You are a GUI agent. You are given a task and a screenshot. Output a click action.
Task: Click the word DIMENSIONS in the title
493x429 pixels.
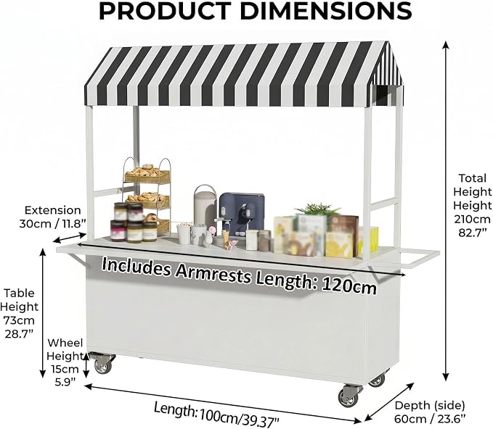point(326,12)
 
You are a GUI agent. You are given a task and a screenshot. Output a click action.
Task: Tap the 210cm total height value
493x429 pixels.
point(472,219)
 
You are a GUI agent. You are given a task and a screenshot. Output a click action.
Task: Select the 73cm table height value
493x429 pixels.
point(19,320)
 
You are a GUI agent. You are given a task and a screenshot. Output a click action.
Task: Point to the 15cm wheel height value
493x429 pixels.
point(65,369)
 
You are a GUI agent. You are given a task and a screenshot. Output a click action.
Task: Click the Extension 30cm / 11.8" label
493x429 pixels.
point(52,217)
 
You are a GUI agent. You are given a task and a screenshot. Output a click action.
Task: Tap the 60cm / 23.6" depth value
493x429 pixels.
point(430,419)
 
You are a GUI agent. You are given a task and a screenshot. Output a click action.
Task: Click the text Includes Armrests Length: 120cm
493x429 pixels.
point(239,275)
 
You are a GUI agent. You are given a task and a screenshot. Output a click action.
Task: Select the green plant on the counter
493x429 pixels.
point(317,209)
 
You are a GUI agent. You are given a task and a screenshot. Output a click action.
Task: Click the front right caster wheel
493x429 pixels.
point(350,396)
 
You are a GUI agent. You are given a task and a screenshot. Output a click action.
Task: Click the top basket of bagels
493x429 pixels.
point(147,174)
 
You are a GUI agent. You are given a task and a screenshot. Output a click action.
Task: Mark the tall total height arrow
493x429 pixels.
point(446,211)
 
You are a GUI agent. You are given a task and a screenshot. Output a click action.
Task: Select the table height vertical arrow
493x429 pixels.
point(43,312)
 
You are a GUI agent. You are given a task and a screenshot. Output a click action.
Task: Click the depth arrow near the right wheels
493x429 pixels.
point(389,403)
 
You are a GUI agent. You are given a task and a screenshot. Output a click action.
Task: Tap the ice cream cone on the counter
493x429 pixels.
point(226,236)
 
